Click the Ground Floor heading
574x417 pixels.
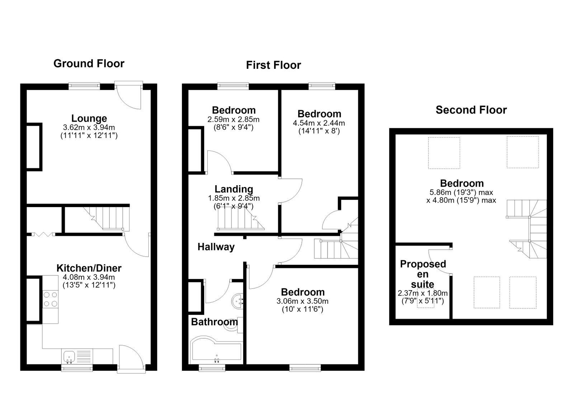89,64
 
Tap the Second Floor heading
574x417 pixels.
471,110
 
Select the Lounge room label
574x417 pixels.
89,119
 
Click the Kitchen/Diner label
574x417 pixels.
89,268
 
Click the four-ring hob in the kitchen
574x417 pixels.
50,299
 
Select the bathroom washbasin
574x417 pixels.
237,301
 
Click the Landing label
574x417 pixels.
234,189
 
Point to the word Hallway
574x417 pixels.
216,247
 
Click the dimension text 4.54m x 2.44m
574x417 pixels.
319,123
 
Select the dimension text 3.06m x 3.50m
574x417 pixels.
302,301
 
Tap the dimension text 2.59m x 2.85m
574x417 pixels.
234,119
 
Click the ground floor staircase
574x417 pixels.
106,218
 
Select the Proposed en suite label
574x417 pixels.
423,274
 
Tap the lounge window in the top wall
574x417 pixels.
84,86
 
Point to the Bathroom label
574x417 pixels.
214,322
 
